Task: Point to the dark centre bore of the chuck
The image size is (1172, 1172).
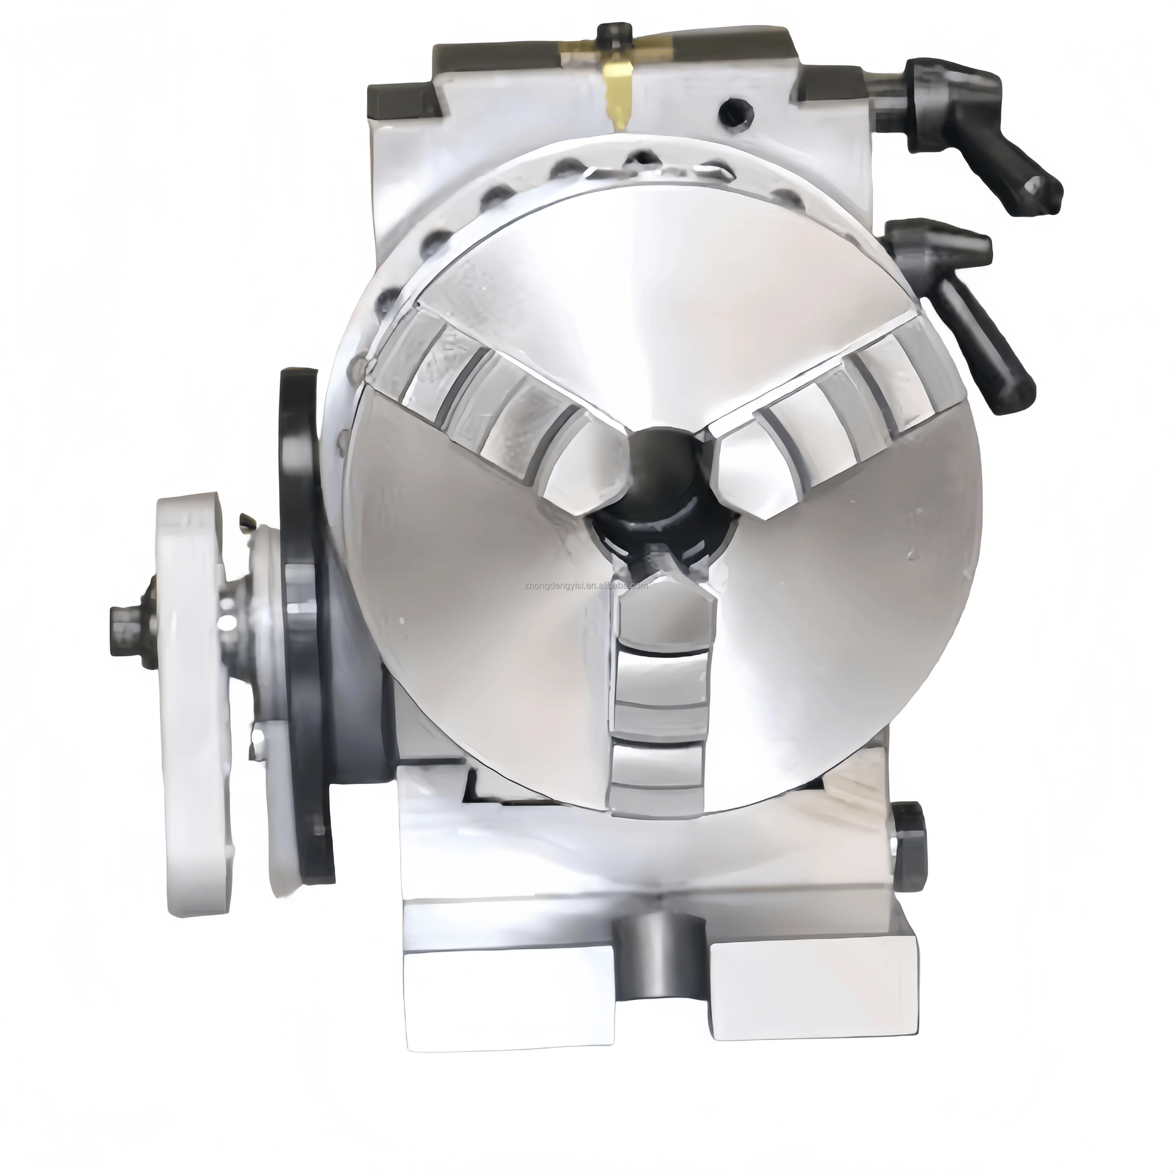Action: [x=661, y=479]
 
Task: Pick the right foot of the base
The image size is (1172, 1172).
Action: [x=813, y=983]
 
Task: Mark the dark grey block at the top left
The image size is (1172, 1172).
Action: [x=400, y=97]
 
